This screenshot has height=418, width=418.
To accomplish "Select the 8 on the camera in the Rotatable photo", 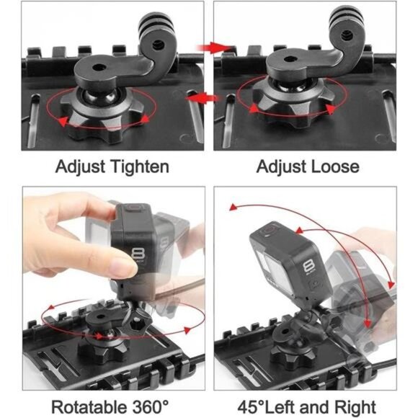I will tap(140, 254).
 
